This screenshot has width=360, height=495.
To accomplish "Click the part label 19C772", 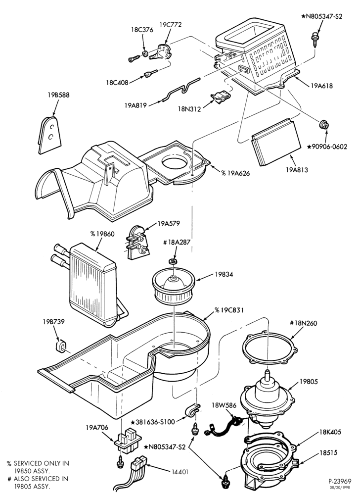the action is pyautogui.click(x=171, y=25).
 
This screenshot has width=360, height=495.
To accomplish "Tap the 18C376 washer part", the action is pyautogui.click(x=145, y=53).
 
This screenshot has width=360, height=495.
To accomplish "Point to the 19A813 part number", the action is pyautogui.click(x=297, y=170).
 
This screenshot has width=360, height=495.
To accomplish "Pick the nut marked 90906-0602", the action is pyautogui.click(x=324, y=125).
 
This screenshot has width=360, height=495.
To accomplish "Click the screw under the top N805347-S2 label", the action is pyautogui.click(x=315, y=38).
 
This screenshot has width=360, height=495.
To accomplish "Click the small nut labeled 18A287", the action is pyautogui.click(x=173, y=261).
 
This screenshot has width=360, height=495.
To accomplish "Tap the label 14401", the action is pyautogui.click(x=180, y=472).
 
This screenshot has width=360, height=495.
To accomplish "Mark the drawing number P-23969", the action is pyautogui.click(x=339, y=482).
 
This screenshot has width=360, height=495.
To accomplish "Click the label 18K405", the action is pyautogui.click(x=330, y=432).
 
